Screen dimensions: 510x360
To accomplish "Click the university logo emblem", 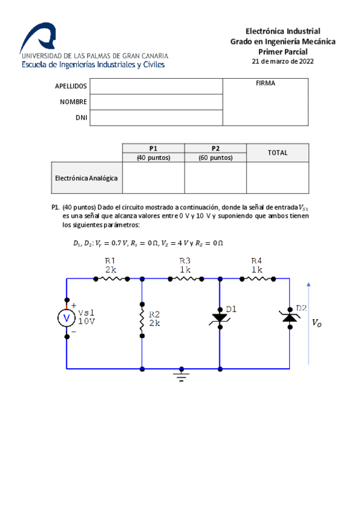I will [40, 37].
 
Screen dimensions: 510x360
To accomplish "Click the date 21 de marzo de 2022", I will [282, 61].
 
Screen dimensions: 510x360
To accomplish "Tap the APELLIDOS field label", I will [71, 86].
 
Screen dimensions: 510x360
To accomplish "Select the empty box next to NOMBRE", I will [156, 102].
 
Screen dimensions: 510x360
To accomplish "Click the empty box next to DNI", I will [156, 118].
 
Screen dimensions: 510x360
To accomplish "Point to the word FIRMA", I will [265, 84].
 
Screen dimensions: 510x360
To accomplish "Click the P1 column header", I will [153, 148].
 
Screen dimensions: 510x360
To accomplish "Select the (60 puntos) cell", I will [215, 158].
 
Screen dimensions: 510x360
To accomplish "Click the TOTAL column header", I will [277, 153].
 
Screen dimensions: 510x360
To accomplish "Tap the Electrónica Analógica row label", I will [87, 178].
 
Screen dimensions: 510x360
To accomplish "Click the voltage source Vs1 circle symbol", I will [66, 318].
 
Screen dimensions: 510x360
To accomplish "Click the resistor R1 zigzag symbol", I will [111, 278].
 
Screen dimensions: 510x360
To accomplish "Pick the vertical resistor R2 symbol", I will [142, 319].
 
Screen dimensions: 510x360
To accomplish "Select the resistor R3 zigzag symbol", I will [185, 278].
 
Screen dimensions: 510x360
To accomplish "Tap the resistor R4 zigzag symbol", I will [257, 278].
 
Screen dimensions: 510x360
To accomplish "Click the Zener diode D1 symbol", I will [219, 318].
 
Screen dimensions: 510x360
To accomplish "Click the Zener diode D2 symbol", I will [290, 317].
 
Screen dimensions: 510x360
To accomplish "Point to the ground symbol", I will [180, 375].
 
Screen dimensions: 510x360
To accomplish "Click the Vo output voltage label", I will [317, 323].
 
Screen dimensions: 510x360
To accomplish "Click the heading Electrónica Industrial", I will [282, 31].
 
